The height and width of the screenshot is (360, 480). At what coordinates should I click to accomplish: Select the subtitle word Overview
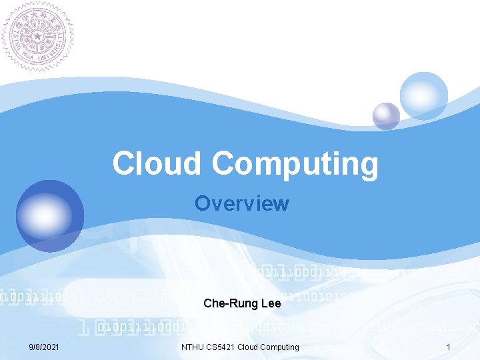pos(242,203)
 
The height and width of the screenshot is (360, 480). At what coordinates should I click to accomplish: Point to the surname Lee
pos(271,304)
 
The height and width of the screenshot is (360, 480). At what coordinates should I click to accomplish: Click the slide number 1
pos(449,347)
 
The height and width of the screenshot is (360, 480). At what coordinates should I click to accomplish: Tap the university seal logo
pos(37,35)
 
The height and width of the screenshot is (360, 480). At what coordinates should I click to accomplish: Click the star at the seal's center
pos(37,35)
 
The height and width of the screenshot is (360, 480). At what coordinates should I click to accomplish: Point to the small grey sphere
pos(386,116)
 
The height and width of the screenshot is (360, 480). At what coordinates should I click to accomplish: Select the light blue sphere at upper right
pos(424,95)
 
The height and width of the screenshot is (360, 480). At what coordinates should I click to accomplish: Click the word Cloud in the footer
pos(249,347)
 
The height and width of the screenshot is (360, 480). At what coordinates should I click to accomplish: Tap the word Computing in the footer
pos(281,347)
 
